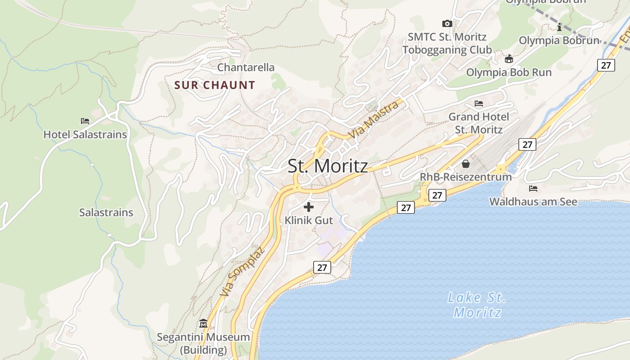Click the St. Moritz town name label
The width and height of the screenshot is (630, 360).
(328, 166)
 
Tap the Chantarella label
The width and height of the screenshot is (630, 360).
(246, 67)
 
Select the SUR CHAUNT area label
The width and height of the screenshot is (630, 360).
(215, 85)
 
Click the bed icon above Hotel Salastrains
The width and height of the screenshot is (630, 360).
(85, 121)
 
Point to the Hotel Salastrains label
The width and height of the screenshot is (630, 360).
(85, 135)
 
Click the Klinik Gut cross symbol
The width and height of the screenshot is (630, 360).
(309, 207)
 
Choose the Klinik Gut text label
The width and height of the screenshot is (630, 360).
(309, 220)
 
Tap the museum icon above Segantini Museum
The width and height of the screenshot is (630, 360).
(203, 324)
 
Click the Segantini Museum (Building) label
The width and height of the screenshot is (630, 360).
(203, 343)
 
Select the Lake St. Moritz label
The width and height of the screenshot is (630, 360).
(477, 305)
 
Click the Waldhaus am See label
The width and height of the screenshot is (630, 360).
(533, 202)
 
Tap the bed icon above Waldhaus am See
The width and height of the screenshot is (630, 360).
(533, 188)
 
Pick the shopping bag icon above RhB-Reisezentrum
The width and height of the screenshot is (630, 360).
(466, 164)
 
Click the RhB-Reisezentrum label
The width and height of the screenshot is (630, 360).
(466, 177)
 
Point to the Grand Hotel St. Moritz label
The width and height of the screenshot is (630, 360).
(479, 123)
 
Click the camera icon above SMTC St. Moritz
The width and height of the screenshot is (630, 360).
(447, 23)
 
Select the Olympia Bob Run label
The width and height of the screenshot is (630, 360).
(508, 72)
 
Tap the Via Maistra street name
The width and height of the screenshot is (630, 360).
(374, 120)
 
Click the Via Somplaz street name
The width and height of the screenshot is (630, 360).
(243, 271)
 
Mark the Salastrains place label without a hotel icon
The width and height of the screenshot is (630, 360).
(106, 212)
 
